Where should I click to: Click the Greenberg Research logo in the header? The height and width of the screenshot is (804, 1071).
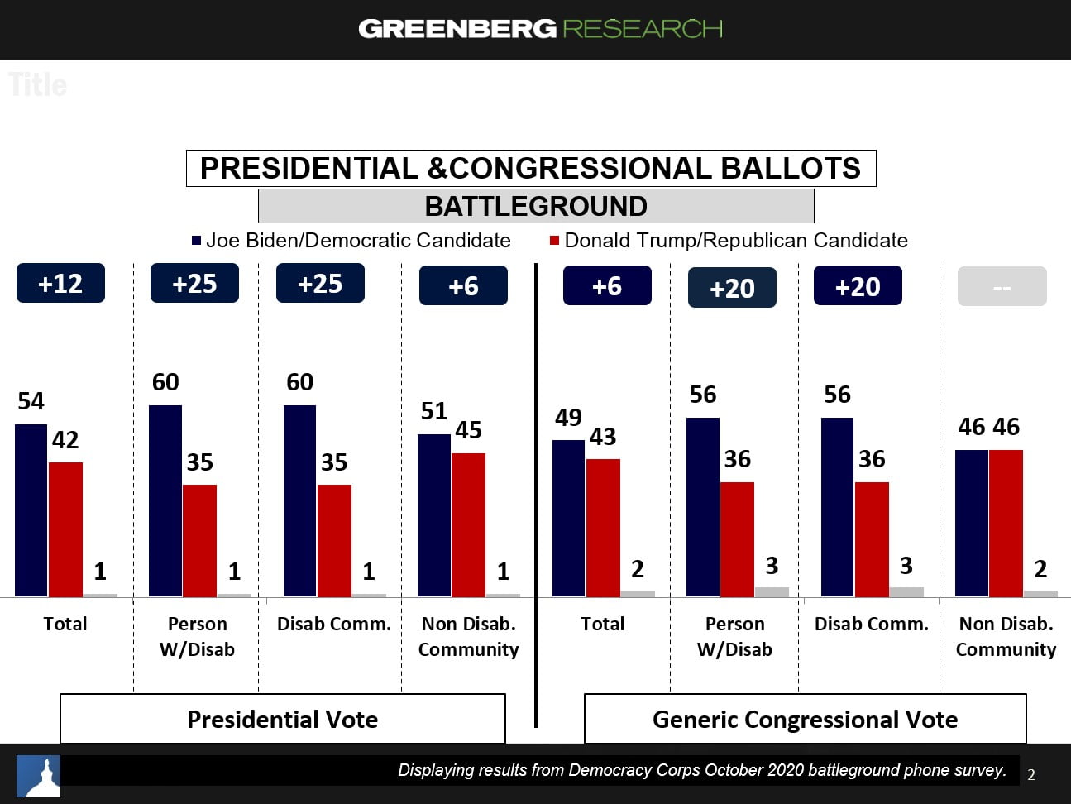[x=540, y=29]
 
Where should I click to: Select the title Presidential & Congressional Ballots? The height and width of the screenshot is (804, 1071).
[x=530, y=169]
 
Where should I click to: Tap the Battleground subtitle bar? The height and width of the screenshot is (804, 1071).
[x=536, y=206]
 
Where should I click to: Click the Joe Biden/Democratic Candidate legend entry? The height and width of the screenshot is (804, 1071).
[x=351, y=241]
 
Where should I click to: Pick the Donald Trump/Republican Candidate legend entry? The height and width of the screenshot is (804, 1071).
[x=729, y=241]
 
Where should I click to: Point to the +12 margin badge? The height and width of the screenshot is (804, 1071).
[x=60, y=284]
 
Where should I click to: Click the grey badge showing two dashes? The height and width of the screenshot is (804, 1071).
[x=1002, y=287]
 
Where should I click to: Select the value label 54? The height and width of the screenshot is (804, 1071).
[x=31, y=401]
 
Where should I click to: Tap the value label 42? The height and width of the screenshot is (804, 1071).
[x=65, y=440]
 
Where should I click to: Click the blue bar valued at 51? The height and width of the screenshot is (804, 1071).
[x=433, y=514]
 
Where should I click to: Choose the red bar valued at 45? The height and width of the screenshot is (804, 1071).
[x=468, y=524]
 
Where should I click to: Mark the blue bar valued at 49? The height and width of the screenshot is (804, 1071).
[x=568, y=518]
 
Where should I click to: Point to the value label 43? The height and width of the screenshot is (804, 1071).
[x=603, y=437]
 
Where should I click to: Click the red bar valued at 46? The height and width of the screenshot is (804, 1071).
[x=1006, y=523]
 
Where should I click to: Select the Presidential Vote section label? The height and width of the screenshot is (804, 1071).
[x=282, y=720]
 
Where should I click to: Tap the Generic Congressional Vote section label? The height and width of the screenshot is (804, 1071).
[x=805, y=720]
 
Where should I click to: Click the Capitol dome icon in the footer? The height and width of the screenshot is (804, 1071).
[x=40, y=776]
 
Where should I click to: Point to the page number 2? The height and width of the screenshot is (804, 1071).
[x=1030, y=775]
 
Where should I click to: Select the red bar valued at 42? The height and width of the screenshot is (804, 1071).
[x=65, y=529]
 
